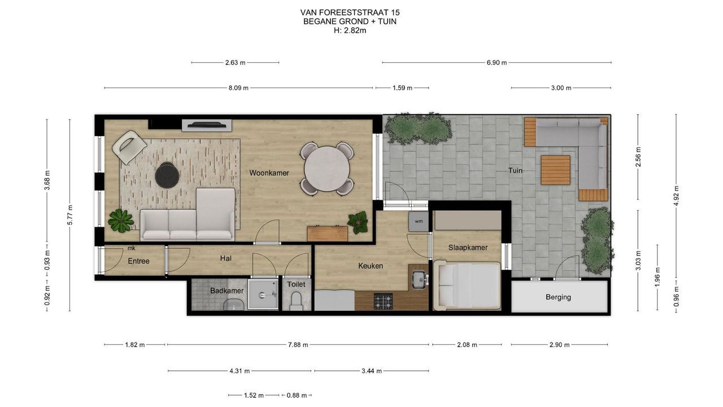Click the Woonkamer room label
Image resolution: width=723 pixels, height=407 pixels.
(269, 173)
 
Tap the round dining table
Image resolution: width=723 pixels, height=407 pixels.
(327, 168)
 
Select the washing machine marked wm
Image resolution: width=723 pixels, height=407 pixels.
(419, 221)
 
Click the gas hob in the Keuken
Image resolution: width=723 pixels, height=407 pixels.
(383, 301)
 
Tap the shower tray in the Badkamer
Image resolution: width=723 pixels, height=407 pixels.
(263, 295)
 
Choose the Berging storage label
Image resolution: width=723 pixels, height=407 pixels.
(559, 297)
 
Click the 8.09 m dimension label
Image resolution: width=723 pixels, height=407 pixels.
(238, 88)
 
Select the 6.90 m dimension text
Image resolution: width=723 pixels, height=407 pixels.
(496, 63)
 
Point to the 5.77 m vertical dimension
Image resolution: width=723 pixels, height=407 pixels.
(70, 215)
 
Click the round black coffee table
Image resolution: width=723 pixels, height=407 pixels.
(167, 175)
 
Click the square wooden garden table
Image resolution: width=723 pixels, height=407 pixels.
(555, 170)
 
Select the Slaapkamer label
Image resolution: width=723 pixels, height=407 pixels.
(468, 248)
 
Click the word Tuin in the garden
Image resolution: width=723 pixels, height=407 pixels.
(515, 171)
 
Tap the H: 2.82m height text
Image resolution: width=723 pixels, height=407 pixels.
(350, 31)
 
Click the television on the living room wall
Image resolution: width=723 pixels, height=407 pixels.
(207, 125)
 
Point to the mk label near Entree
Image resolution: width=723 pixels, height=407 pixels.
(132, 248)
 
